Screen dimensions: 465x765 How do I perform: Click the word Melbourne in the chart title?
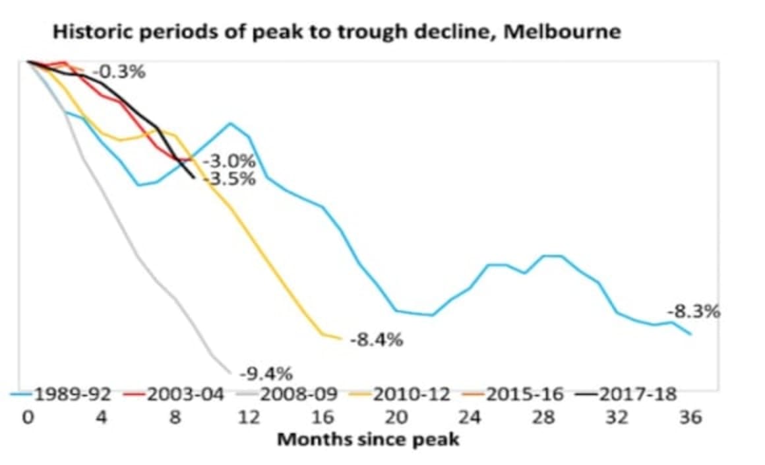561,31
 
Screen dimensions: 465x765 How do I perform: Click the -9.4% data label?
265,374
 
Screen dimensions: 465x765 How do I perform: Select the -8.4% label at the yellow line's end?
377,341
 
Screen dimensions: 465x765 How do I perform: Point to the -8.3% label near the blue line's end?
693,311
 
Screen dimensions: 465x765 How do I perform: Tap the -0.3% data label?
119,71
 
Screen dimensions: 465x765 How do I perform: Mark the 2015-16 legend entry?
525,394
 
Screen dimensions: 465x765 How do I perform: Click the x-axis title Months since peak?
368,439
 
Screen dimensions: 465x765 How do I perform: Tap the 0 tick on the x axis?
28,417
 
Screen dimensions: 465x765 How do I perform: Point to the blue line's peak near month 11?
230,123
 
